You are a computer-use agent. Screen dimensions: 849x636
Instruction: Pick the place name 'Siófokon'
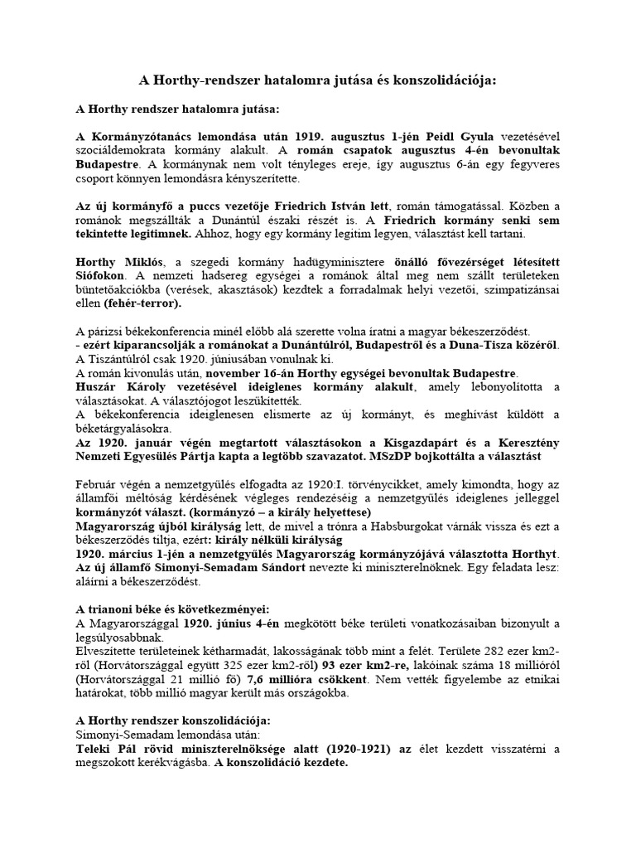pos(100,275)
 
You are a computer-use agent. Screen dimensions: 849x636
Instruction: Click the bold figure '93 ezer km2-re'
pos(363,665)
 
